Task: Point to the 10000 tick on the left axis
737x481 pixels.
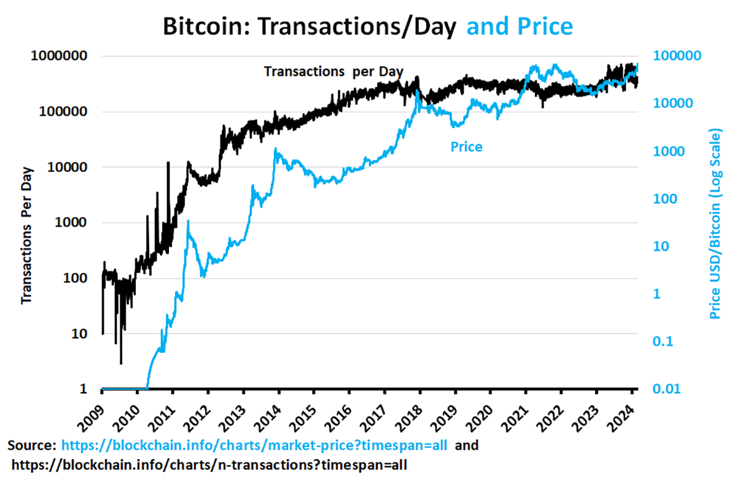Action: click(65, 167)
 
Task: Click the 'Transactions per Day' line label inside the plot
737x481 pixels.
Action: click(333, 72)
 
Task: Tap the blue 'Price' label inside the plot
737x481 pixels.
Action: click(466, 147)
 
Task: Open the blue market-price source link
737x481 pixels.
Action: click(254, 445)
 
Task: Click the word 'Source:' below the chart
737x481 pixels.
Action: click(33, 445)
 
